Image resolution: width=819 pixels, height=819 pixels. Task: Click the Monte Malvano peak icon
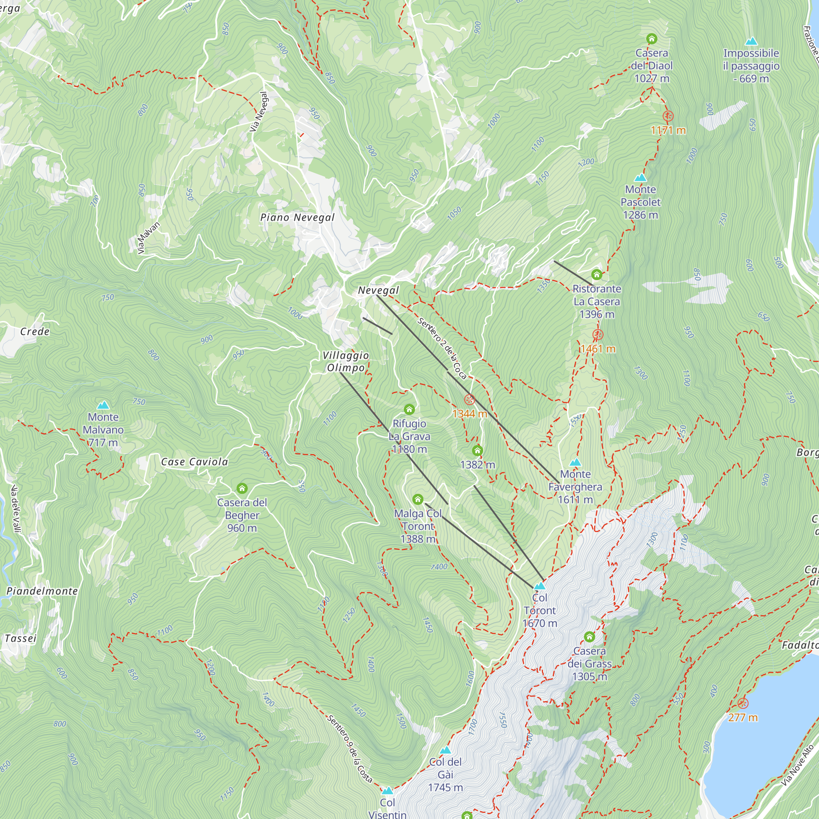coord(103,405)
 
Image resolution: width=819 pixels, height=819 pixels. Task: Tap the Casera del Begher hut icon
coord(242,489)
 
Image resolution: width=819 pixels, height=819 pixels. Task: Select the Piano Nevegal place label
coord(298,217)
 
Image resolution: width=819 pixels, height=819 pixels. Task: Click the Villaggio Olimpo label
coord(346,362)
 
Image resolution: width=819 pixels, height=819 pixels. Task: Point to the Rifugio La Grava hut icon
coord(409,409)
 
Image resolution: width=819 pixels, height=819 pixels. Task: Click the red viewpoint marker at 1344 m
coord(469,400)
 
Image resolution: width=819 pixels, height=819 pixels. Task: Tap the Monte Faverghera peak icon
coord(575,462)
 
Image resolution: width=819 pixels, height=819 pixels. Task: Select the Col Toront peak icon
coord(540,586)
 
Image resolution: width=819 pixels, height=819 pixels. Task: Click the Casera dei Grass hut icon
coord(590,637)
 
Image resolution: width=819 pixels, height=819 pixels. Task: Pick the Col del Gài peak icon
coord(445,750)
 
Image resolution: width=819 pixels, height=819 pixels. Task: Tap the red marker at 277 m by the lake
coord(743,704)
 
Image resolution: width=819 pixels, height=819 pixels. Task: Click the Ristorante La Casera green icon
coord(597,275)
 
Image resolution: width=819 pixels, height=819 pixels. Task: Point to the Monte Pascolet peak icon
coord(640,178)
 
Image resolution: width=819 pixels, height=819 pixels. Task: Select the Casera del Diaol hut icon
coord(652,39)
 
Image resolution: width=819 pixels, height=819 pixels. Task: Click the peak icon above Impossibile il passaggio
coord(751,41)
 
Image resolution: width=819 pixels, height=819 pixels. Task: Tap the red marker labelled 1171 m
coord(668,116)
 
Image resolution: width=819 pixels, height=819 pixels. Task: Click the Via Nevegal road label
coord(259,112)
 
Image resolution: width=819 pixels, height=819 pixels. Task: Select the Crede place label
coord(35,332)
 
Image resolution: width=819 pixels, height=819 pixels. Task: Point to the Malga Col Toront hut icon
coord(418,499)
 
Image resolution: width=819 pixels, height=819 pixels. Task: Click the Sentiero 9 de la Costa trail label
coord(350,749)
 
